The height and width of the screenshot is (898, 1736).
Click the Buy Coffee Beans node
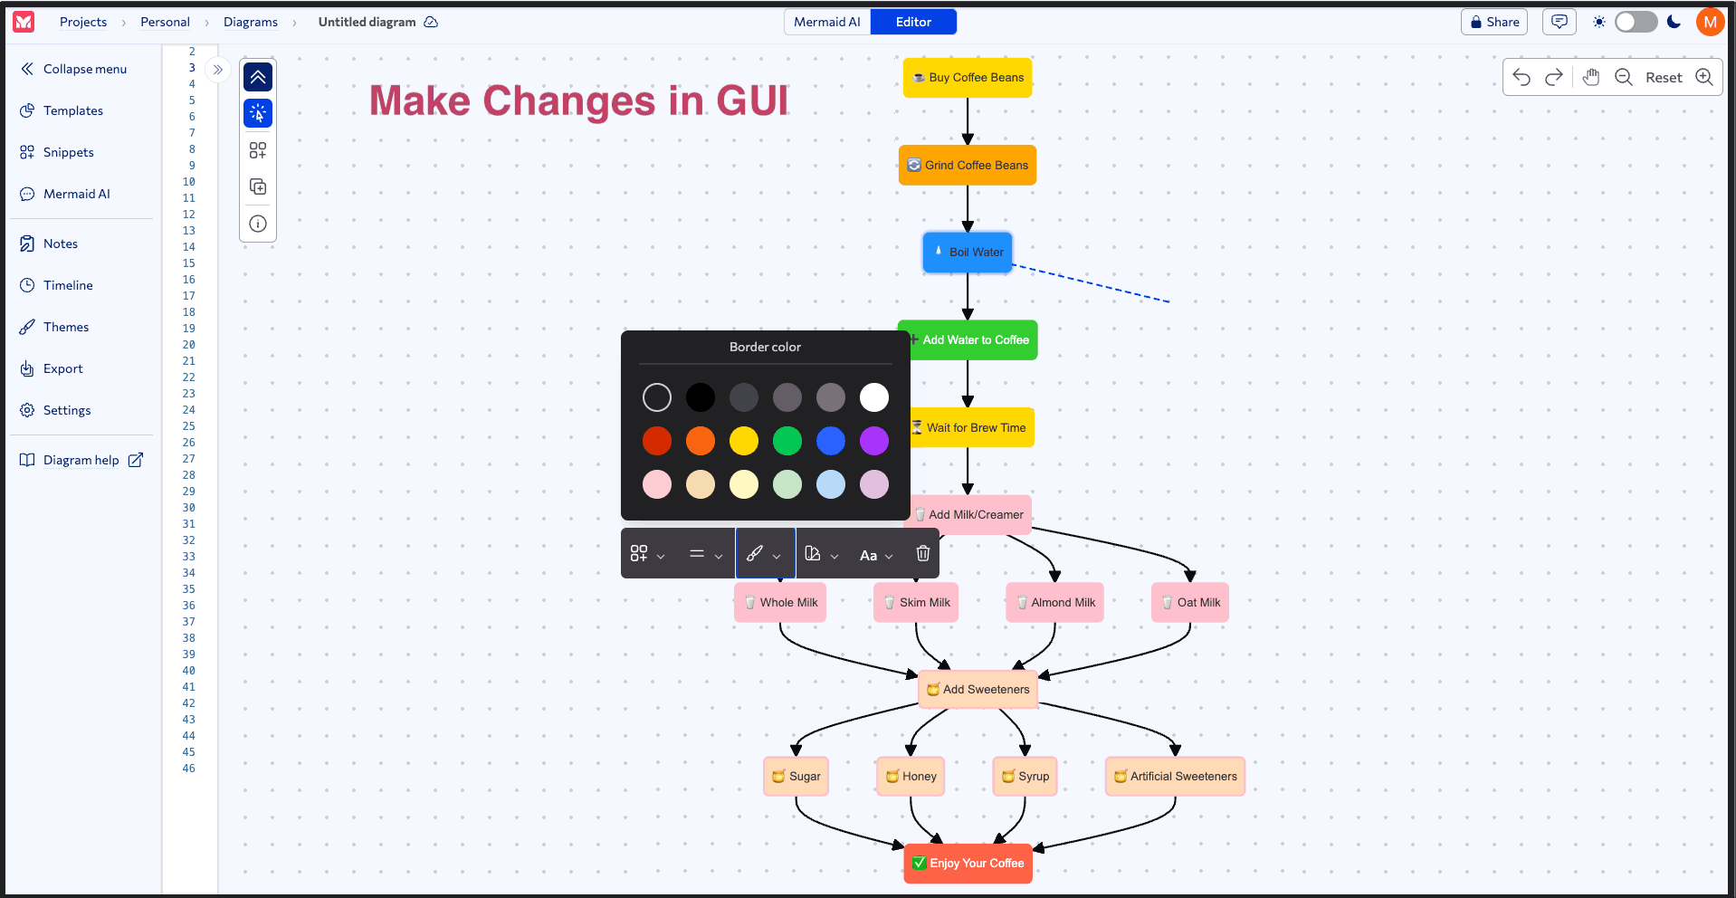point(967,78)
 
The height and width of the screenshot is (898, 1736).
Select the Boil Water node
point(967,253)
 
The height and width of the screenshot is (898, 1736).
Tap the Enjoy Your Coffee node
point(968,864)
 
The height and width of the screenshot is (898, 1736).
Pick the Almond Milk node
point(1054,603)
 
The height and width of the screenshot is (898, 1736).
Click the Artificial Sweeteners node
point(1175,777)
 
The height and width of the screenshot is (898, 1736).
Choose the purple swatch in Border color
point(873,441)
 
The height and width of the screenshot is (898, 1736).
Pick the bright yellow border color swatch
point(744,441)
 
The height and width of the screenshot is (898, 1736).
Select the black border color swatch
point(701,397)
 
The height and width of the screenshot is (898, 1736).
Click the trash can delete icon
point(922,554)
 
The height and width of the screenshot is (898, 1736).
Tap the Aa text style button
point(875,555)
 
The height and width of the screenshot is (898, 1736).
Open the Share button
point(1493,22)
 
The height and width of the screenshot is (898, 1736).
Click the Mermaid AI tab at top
point(826,22)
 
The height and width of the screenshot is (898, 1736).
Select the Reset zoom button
point(1663,78)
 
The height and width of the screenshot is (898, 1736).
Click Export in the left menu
point(62,369)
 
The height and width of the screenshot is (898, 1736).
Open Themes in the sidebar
point(65,328)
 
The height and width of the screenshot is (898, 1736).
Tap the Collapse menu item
point(84,70)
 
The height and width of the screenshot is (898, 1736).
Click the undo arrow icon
point(1521,78)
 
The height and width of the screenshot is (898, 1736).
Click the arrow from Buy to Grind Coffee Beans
point(968,120)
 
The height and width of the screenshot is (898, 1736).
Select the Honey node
point(911,777)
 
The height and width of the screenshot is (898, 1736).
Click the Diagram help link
point(81,461)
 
